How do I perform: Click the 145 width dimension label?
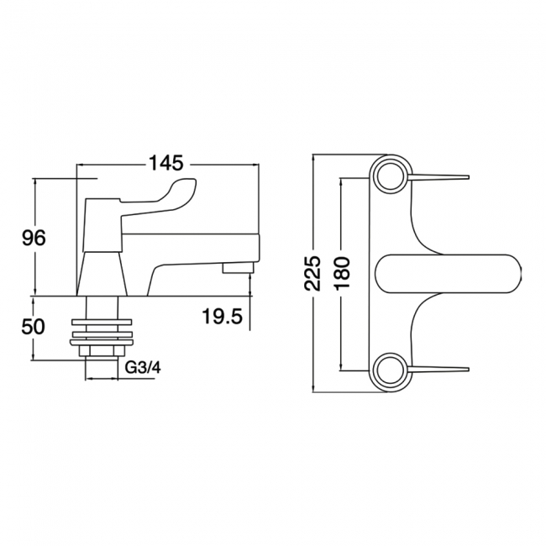166,163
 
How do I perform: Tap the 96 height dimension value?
34,239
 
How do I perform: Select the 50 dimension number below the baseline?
34,327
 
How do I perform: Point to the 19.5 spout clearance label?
222,317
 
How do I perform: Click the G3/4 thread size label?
143,368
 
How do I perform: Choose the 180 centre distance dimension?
341,273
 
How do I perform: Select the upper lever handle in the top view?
438,176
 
